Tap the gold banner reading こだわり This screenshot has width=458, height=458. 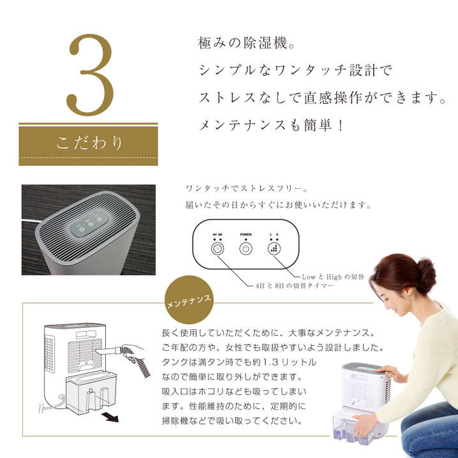click(88, 144)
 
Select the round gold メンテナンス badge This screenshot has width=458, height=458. click(189, 300)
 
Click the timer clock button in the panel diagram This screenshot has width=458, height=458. click(218, 249)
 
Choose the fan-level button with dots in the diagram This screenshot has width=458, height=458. click(274, 249)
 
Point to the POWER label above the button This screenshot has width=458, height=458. click(246, 235)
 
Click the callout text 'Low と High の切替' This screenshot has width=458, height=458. click(333, 277)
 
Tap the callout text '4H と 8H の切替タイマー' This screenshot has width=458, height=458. click(295, 286)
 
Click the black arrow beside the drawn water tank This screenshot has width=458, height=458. click(110, 417)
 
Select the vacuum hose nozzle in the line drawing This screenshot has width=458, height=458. click(108, 351)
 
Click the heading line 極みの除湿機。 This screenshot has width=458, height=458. click(247, 43)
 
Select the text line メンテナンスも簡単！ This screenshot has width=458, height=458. click(271, 126)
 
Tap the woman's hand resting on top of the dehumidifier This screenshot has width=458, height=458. click(390, 371)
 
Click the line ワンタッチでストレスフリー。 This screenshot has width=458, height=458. click(247, 189)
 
